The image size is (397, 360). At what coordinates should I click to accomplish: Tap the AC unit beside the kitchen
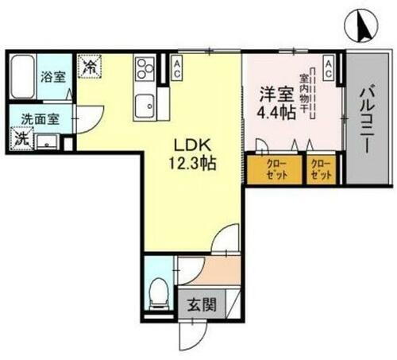click(177, 68)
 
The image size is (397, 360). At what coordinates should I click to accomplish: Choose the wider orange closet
click(274, 169)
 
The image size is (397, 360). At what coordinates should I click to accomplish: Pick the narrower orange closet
click(322, 169)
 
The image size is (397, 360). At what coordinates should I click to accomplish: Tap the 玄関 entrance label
click(201, 304)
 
